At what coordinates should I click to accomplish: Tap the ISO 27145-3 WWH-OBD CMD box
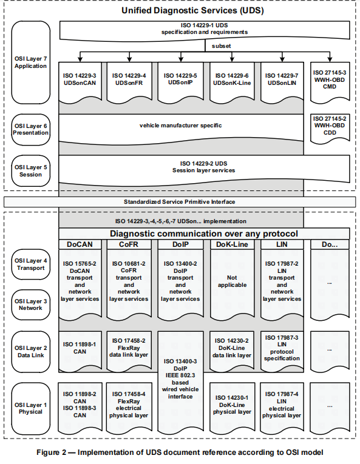(x=330, y=82)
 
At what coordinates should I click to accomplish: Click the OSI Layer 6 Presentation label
(x=30, y=130)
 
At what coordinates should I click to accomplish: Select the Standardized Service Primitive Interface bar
(x=180, y=201)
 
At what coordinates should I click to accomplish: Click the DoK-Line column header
(x=231, y=244)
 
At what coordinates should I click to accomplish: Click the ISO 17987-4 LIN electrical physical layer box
(x=282, y=404)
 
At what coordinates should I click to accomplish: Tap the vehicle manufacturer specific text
(x=180, y=126)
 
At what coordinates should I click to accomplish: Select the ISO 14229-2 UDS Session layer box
(x=204, y=167)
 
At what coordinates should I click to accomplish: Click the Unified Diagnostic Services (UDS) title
(x=180, y=11)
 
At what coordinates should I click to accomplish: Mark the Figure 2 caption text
(x=180, y=452)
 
